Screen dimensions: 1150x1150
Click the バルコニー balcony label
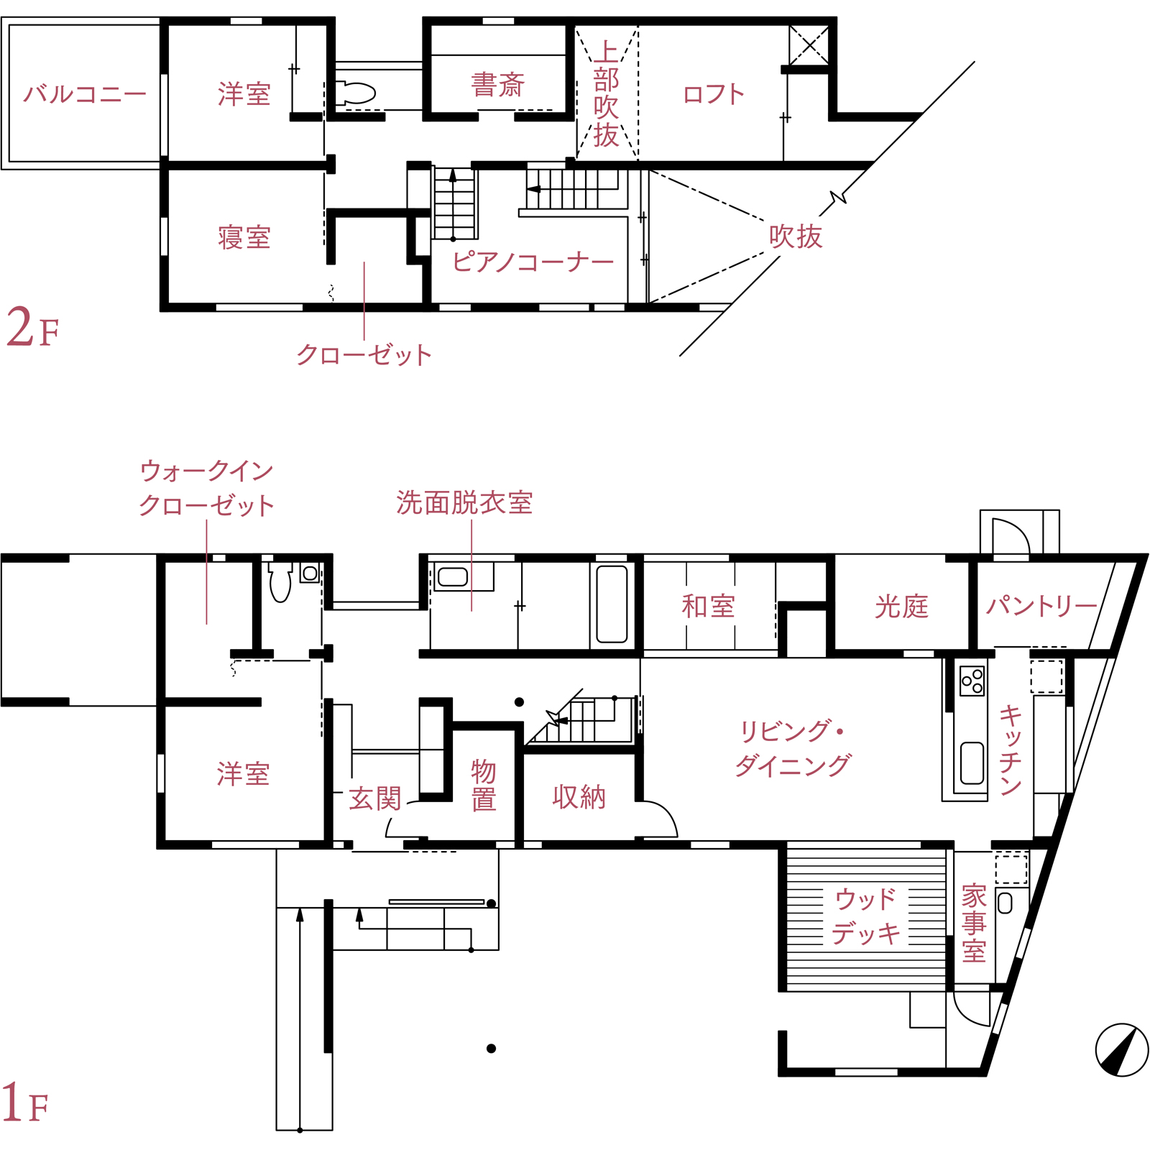point(85,93)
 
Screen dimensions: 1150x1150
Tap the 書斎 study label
point(498,85)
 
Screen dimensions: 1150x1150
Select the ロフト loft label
point(714,93)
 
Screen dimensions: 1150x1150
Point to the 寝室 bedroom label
point(244,237)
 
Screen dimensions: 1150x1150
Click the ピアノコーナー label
point(533,261)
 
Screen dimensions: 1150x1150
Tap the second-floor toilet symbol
point(356,93)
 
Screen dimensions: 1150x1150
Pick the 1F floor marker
point(25,1103)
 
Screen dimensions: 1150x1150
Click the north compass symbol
point(1122,1050)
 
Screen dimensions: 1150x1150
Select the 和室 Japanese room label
point(708,606)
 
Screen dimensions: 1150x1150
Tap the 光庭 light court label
point(901,606)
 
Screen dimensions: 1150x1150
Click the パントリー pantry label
point(1041,605)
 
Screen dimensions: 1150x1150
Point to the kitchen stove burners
point(972,680)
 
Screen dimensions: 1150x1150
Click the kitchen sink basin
point(972,763)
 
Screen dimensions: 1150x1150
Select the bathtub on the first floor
point(612,604)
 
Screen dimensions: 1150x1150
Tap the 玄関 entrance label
point(375,799)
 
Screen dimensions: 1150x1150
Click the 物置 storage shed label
point(484,785)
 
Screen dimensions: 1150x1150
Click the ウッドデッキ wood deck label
point(866,916)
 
